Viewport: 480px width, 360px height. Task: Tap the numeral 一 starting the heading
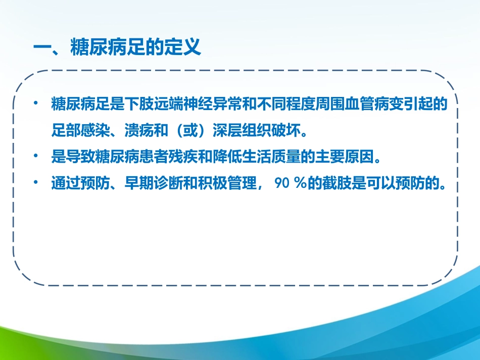coord(40,48)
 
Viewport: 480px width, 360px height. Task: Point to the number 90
coord(281,183)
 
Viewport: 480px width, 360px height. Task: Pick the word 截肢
coord(330,183)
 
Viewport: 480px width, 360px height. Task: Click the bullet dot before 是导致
coord(36,157)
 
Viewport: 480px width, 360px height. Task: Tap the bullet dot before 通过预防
coord(36,183)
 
